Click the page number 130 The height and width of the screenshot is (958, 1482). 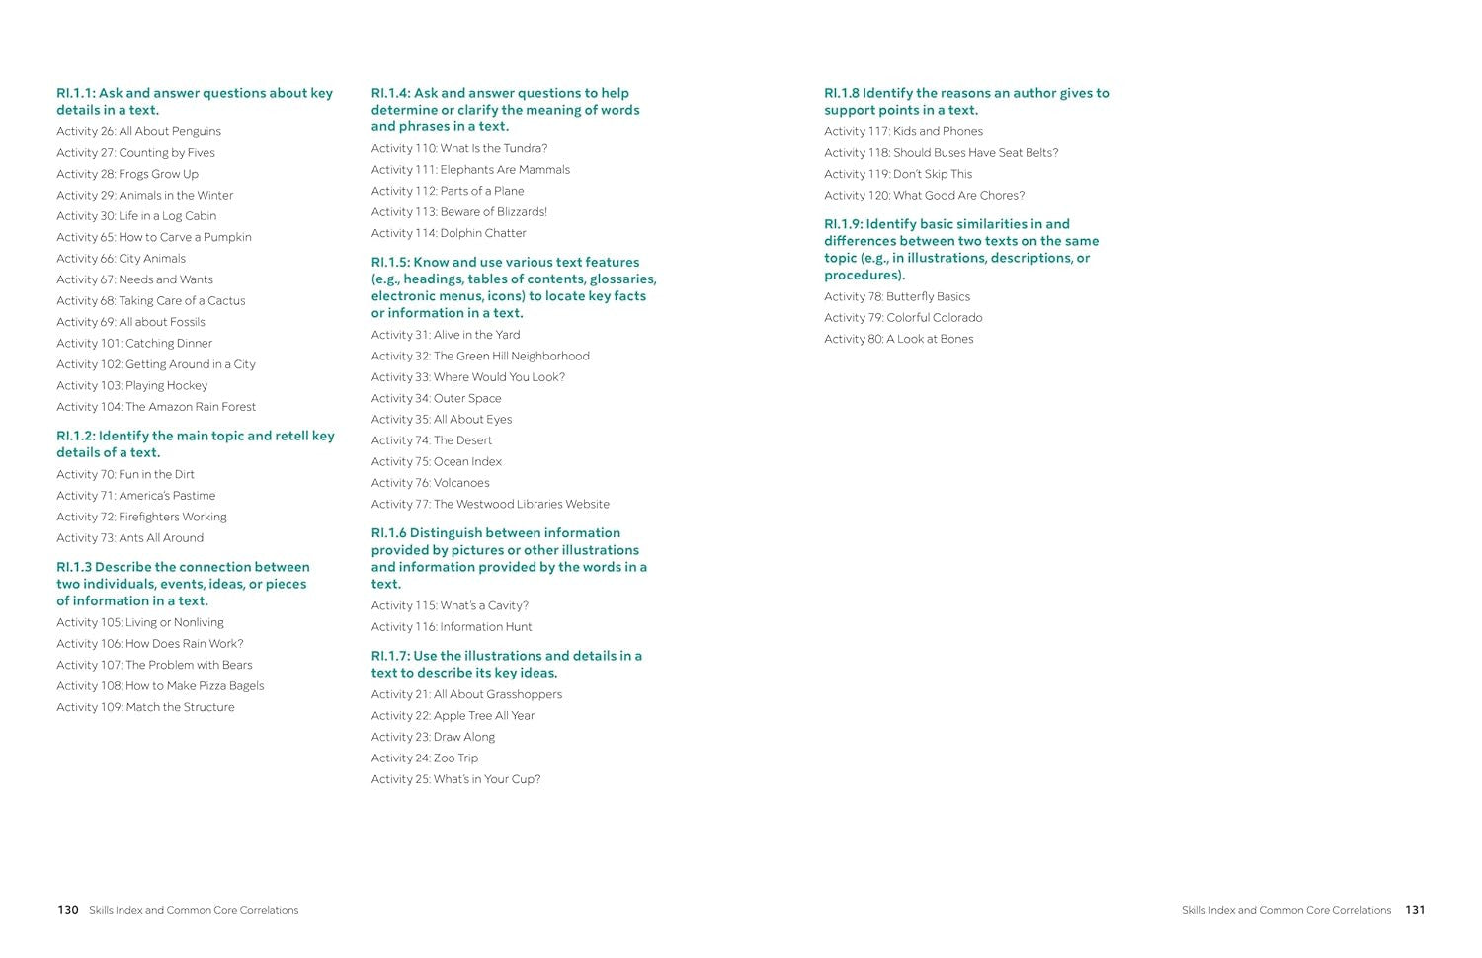67,910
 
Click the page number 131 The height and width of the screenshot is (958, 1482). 1415,910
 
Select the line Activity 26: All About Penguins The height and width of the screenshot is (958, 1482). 138,131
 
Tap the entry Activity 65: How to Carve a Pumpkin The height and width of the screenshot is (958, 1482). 153,237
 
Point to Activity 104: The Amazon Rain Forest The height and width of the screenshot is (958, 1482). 155,407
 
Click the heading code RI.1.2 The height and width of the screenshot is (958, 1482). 74,436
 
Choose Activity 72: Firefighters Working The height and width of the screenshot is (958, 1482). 141,517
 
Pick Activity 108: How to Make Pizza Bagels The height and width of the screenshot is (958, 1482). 160,686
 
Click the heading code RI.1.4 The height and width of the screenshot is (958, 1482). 389,93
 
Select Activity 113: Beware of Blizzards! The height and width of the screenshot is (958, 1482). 458,212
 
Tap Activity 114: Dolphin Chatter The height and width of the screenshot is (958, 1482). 449,233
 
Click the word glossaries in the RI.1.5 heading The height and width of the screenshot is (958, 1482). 622,279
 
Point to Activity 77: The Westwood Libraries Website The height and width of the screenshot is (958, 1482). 490,505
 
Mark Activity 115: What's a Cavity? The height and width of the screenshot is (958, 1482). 450,605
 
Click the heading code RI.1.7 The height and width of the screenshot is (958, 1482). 389,656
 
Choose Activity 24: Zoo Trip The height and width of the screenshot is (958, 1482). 424,758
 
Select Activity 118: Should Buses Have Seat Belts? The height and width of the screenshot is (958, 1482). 941,153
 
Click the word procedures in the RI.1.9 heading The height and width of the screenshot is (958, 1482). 863,276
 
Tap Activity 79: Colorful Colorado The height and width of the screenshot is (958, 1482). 903,318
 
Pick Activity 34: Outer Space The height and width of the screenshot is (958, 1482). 436,399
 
